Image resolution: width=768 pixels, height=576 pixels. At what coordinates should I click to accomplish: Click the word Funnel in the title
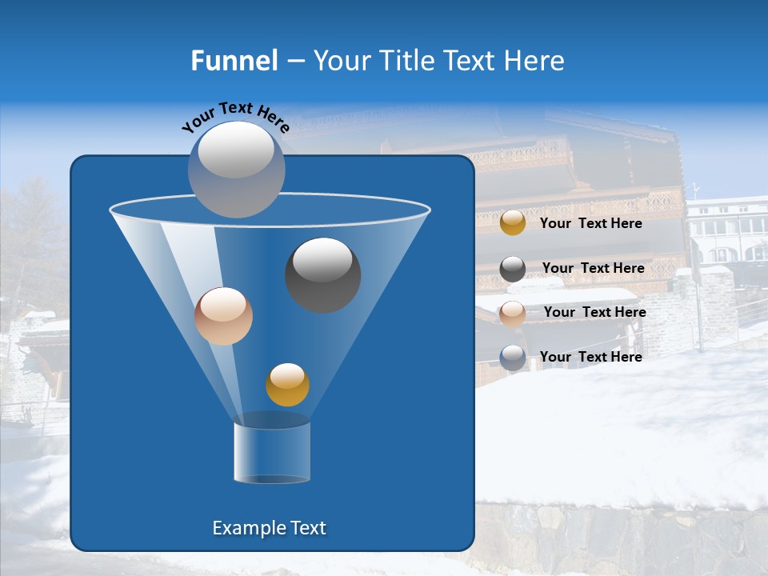pos(234,61)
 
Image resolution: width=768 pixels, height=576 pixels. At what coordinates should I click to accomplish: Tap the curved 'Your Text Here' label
pos(235,117)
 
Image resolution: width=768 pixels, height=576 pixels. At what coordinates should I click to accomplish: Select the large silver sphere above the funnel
pos(237,169)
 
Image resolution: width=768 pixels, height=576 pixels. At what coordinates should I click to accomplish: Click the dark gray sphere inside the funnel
pos(322,274)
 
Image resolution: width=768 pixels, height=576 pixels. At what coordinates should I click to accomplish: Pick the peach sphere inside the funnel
pos(223,316)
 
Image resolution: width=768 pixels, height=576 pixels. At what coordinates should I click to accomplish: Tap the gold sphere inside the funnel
pos(287,385)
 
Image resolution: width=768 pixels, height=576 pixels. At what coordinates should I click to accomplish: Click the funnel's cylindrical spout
pos(272,453)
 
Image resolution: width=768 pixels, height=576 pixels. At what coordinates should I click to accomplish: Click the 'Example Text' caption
pos(269,528)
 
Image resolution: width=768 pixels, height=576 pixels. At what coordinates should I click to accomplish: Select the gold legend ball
pos(513,223)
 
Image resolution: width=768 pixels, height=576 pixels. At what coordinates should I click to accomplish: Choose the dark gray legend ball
pos(513,269)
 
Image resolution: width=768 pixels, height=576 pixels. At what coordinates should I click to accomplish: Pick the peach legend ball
pos(513,314)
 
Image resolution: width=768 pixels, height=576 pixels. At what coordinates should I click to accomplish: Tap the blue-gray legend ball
pos(513,358)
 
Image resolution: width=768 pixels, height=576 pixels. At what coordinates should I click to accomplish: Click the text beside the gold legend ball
pos(590,224)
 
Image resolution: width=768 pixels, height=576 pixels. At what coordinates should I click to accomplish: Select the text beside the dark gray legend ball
pos(593,269)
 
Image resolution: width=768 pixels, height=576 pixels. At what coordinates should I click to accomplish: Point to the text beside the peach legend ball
pos(594,313)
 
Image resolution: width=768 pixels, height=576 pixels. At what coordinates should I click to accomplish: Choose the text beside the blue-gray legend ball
pos(590,358)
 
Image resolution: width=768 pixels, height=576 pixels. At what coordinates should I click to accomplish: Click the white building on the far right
pos(728,232)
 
